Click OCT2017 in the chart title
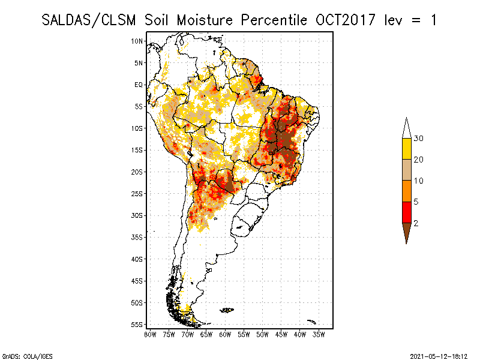point(341,20)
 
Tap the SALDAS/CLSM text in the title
point(90,20)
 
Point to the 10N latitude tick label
point(137,41)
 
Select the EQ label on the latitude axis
point(139,85)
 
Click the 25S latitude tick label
point(137,193)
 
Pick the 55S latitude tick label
point(137,324)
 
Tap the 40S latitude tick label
point(137,259)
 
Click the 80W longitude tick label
point(150,334)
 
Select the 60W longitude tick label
point(225,334)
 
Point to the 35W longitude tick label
point(319,334)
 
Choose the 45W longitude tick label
point(281,334)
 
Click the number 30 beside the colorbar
point(419,139)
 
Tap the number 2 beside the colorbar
point(416,223)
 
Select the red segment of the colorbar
point(406,212)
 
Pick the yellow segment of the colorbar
point(406,149)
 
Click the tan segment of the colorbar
point(406,170)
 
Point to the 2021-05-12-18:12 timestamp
point(439,355)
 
